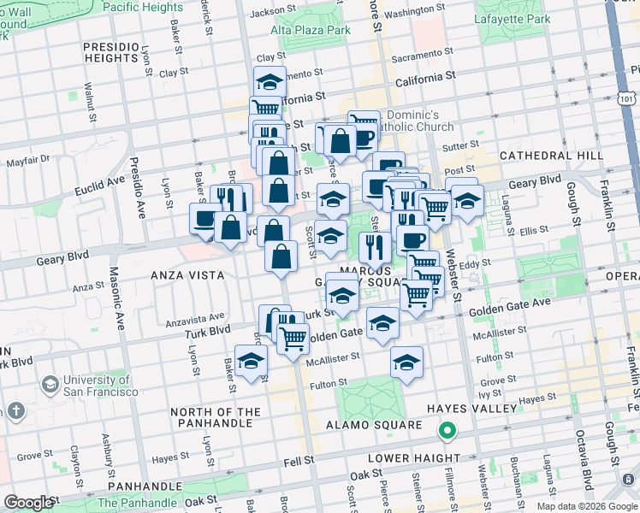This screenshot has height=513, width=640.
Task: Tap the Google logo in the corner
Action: click(x=28, y=503)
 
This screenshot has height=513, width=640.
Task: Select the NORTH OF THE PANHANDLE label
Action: click(x=215, y=418)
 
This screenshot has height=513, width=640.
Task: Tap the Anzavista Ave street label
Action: click(x=198, y=315)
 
